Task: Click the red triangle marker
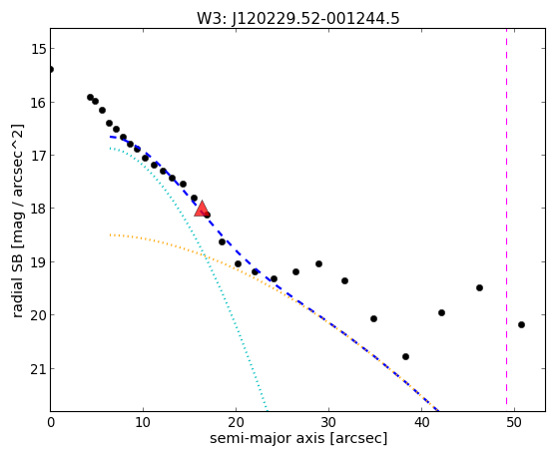click(x=202, y=209)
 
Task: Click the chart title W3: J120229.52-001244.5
click(x=298, y=19)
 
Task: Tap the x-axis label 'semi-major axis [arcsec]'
click(x=298, y=438)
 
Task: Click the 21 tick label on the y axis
click(x=38, y=369)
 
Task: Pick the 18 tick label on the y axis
click(x=38, y=209)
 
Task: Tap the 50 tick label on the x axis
click(x=514, y=422)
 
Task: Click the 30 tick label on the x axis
click(x=328, y=422)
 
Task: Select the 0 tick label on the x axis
click(x=51, y=422)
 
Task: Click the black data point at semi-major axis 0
click(x=51, y=69)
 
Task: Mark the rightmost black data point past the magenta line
click(x=521, y=324)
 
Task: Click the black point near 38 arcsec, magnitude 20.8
click(x=405, y=356)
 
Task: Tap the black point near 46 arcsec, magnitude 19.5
click(x=479, y=287)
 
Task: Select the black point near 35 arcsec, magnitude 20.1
click(x=373, y=318)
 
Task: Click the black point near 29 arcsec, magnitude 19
click(x=318, y=263)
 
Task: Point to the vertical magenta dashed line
click(x=506, y=220)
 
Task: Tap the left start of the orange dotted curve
click(x=111, y=234)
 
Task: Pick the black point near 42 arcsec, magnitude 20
click(x=441, y=312)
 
